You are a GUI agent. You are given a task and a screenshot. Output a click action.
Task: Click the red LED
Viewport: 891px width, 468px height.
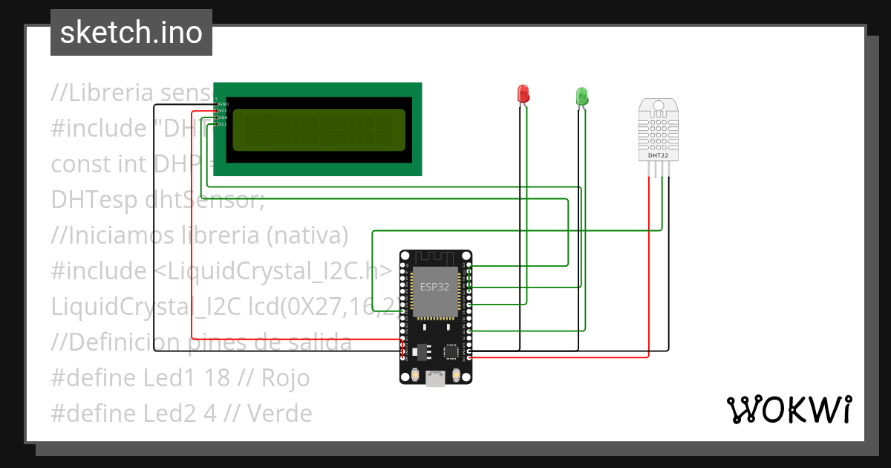tap(523, 94)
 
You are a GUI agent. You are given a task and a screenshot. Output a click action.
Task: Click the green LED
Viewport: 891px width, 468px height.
tap(581, 96)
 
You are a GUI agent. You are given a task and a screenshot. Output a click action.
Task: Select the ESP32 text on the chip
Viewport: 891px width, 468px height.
tap(434, 287)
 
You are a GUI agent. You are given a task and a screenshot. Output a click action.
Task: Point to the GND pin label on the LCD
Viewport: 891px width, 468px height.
tap(223, 104)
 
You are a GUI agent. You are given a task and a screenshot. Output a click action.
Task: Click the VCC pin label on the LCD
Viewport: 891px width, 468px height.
tap(223, 111)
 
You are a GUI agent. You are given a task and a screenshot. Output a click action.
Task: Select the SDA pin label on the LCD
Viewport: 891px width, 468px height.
tap(223, 117)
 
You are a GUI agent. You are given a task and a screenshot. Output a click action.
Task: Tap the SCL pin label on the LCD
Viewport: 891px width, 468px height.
tap(223, 124)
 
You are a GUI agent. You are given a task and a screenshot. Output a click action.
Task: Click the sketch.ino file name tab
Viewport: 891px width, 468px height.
tap(131, 33)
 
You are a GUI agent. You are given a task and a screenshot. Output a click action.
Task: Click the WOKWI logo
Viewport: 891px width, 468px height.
tap(788, 409)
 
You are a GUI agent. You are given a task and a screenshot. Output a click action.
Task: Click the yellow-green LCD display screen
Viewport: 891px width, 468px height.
tap(319, 130)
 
